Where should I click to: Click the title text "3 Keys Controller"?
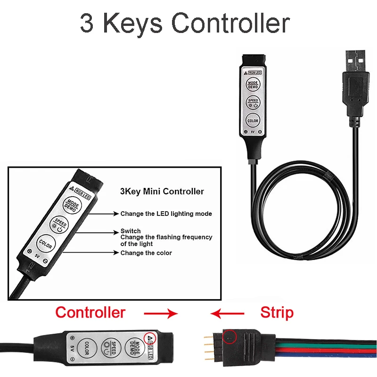pos(184,23)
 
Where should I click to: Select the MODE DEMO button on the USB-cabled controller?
pos(253,85)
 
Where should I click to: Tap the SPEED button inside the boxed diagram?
pos(59,223)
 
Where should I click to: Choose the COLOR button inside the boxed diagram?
pos(46,244)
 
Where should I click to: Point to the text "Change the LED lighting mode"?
pos(166,213)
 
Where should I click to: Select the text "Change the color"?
pos(146,253)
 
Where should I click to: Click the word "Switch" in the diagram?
pos(131,231)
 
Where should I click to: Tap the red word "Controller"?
pos(90,312)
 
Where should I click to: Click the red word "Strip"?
pos(277,312)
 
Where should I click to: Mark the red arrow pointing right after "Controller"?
pos(161,313)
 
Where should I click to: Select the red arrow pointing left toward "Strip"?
pos(228,313)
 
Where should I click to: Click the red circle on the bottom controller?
pos(150,338)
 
